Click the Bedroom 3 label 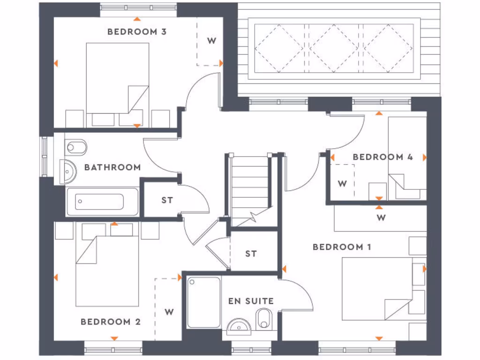[137, 32]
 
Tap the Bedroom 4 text [382, 157]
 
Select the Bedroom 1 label [342, 247]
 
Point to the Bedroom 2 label [111, 322]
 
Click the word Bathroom [112, 167]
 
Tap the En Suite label [251, 301]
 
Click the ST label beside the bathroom [167, 200]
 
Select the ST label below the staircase [251, 254]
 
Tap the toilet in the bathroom [76, 148]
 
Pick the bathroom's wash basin [68, 172]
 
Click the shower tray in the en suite [204, 302]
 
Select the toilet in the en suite [264, 319]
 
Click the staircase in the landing [249, 187]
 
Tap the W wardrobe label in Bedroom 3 [211, 41]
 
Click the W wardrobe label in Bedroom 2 [169, 312]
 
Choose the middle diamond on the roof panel [333, 48]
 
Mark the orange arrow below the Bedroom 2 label [113, 338]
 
